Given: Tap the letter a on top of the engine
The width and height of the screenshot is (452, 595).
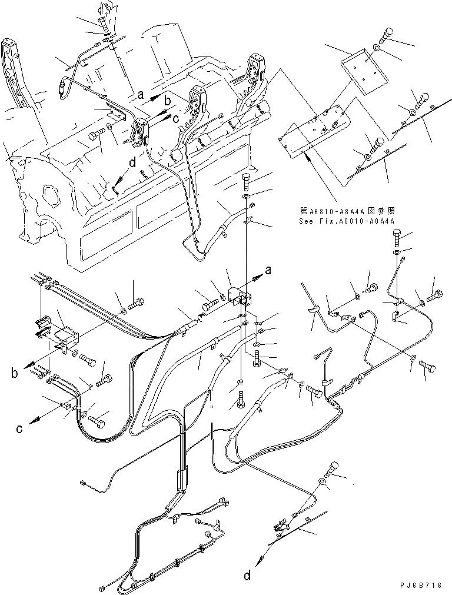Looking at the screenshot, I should click(x=139, y=94).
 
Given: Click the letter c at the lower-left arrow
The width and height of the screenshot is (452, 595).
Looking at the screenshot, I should click(x=19, y=429).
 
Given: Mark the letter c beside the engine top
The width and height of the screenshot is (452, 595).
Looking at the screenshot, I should click(x=176, y=117).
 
